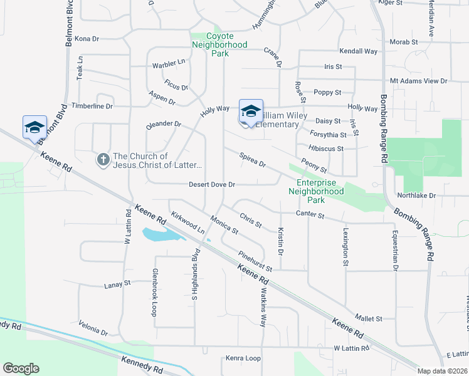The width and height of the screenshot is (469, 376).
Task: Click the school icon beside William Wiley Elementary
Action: click(x=251, y=112)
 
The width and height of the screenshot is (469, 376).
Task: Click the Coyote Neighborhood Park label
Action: click(x=219, y=44)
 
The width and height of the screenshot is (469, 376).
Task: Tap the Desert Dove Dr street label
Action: click(x=212, y=185)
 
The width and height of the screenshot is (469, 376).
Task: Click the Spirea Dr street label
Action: click(x=253, y=160)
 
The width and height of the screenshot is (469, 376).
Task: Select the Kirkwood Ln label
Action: click(x=188, y=222)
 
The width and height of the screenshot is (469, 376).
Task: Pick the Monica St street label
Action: click(x=224, y=226)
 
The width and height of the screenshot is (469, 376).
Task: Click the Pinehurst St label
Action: click(x=255, y=261)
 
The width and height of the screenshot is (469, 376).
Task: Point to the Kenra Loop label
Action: click(x=242, y=358)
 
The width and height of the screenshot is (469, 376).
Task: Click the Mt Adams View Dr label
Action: click(x=418, y=81)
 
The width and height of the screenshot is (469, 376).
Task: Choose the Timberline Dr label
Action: click(x=92, y=106)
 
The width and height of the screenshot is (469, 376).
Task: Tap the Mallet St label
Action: click(x=369, y=319)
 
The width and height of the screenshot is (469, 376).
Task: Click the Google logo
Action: click(x=21, y=368)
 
